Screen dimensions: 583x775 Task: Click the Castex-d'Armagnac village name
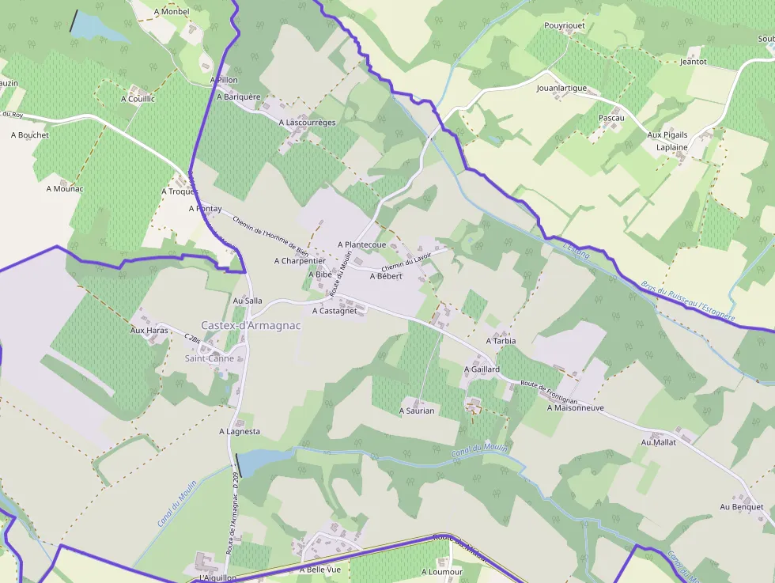pos(251,325)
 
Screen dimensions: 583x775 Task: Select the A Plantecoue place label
pos(361,245)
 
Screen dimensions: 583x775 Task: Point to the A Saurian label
pos(417,411)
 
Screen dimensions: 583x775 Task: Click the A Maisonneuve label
pos(575,408)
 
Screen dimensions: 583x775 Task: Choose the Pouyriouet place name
pos(565,26)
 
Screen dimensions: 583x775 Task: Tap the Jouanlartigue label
pos(561,88)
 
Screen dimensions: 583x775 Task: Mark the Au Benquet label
pos(742,506)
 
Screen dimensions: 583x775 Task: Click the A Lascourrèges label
pos(307,123)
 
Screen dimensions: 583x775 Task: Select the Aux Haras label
pos(149,330)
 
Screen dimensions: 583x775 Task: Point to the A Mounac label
pos(65,188)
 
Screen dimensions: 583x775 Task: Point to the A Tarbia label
pos(501,341)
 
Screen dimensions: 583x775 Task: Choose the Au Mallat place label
pos(658,442)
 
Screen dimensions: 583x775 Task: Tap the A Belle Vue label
pos(319,570)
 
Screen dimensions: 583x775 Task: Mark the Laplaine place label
pos(672,147)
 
